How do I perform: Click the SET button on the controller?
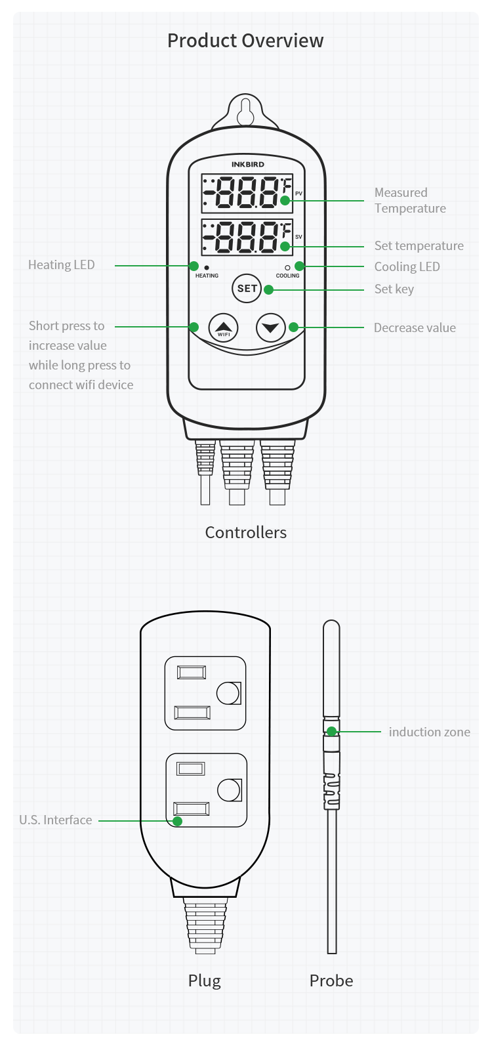(x=247, y=288)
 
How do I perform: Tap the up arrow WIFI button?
(x=224, y=327)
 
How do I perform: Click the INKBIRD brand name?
(x=248, y=165)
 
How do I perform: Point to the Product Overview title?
(x=245, y=41)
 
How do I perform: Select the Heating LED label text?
(x=62, y=265)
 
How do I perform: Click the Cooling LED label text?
(x=407, y=267)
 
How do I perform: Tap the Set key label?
(x=394, y=289)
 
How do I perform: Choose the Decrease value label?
(x=415, y=328)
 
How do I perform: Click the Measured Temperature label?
(x=410, y=201)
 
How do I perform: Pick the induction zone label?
(x=429, y=732)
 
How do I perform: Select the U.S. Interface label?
(x=56, y=820)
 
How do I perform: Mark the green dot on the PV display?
(x=285, y=200)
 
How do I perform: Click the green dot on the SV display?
(x=285, y=247)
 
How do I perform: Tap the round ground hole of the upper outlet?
(x=228, y=693)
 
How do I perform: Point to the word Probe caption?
(x=331, y=981)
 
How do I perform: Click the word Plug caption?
(x=205, y=981)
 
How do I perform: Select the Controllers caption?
(x=246, y=533)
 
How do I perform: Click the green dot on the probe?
(x=332, y=732)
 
